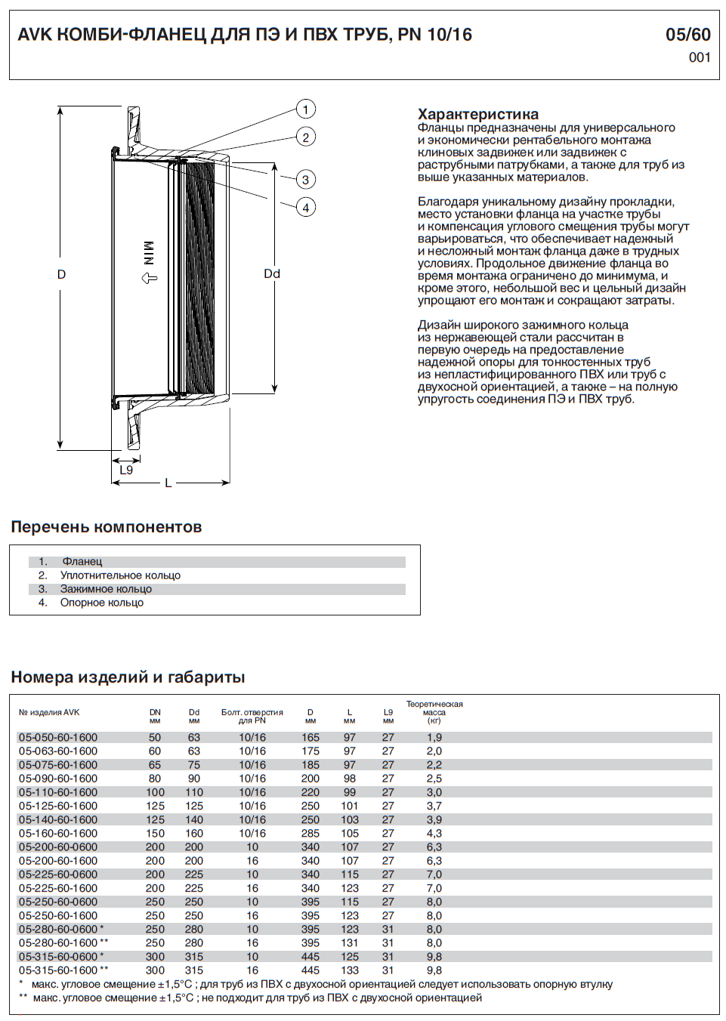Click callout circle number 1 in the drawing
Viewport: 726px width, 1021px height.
(305, 110)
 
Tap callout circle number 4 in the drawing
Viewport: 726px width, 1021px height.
(305, 208)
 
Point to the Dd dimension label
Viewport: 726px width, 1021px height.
(272, 274)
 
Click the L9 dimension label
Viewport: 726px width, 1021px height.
(126, 470)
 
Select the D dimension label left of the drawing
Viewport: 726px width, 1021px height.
(61, 275)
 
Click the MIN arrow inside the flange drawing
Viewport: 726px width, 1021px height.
(149, 278)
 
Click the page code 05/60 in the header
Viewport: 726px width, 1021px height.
(687, 35)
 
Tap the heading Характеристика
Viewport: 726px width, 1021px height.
(477, 114)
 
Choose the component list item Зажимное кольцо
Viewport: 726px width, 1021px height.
(106, 589)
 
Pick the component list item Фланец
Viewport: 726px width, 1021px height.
(82, 562)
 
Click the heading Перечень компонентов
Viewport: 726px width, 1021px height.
(107, 527)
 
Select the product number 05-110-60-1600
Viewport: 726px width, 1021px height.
(58, 792)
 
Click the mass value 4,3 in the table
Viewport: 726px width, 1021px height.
(434, 834)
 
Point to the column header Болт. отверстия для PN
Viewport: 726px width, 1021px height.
(252, 717)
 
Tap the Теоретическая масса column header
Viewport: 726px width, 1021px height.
(434, 712)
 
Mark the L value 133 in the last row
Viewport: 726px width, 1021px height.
(350, 970)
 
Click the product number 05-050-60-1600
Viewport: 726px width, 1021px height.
(58, 738)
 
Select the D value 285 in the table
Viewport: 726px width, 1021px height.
(310, 834)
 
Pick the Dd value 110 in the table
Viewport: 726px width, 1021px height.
(194, 792)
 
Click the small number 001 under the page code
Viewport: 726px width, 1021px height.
(700, 57)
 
